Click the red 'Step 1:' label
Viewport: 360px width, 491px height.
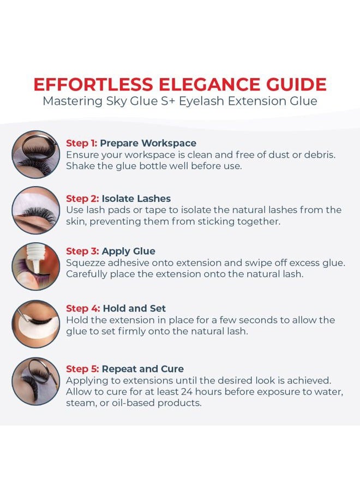click(81, 143)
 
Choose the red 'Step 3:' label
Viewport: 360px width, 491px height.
click(82, 251)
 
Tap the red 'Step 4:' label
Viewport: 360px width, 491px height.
click(82, 309)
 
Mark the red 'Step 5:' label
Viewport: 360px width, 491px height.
click(82, 369)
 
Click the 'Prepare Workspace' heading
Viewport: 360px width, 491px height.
click(148, 143)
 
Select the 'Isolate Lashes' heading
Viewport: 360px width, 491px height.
click(136, 199)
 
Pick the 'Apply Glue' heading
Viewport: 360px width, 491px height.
click(128, 251)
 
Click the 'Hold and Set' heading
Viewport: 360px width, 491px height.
click(134, 309)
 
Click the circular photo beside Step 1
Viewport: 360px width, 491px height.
click(36, 154)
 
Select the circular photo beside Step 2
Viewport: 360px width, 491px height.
click(36, 210)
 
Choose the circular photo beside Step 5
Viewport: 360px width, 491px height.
click(36, 381)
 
